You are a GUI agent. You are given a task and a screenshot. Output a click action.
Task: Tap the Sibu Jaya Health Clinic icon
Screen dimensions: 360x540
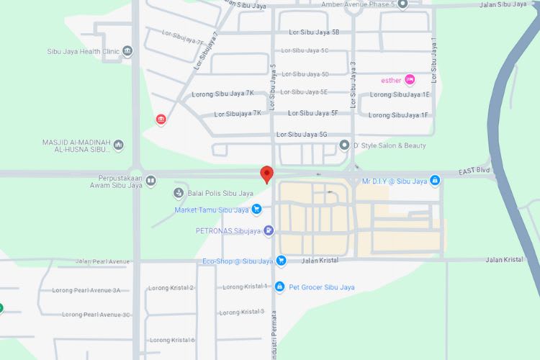[127, 50]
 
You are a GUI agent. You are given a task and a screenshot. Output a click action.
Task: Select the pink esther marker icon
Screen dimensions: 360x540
[410, 79]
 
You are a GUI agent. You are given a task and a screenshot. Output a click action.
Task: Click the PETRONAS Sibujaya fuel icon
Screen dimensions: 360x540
[269, 231]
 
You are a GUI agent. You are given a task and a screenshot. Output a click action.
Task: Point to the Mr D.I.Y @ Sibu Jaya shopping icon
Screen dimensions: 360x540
[435, 181]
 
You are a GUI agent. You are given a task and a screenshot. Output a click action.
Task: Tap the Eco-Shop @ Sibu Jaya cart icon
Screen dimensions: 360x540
[282, 261]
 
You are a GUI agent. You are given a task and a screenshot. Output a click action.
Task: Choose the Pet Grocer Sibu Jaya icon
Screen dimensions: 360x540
[280, 287]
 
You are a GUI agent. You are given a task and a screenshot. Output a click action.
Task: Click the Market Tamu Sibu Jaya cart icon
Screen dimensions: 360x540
[257, 210]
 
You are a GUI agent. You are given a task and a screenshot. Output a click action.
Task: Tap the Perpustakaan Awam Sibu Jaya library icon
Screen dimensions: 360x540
[150, 181]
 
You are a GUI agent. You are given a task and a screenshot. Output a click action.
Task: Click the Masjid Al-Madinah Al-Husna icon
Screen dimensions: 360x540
[119, 145]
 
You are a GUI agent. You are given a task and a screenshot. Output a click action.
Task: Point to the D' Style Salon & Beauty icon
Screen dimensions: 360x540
[344, 145]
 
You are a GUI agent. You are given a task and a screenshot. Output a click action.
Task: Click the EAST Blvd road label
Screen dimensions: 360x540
[473, 173]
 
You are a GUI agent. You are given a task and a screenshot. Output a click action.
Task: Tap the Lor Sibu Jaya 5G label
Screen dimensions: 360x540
[302, 135]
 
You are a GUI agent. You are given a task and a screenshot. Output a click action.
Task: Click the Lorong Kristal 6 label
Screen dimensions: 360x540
[172, 340]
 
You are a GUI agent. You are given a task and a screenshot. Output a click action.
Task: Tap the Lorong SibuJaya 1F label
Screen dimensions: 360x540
[398, 115]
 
